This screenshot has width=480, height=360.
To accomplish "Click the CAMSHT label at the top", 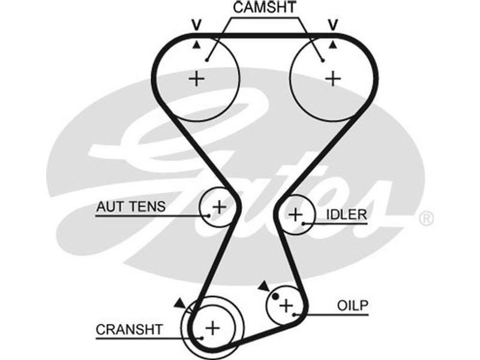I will coord(265,8).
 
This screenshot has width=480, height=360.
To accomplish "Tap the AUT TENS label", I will coord(130,207).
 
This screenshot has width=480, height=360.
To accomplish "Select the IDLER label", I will coord(346,215).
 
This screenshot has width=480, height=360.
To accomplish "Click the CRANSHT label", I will coord(129,329).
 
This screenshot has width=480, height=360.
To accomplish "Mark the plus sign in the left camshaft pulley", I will coord(196,79).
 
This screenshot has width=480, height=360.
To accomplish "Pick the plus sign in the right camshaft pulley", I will coord(332,79).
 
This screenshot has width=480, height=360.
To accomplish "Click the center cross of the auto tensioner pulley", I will coord(219,207).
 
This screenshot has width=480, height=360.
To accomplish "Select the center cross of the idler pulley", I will coord(295,214).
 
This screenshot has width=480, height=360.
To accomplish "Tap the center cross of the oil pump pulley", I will coord(287,305).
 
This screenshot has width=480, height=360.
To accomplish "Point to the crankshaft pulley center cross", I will coord(212,328).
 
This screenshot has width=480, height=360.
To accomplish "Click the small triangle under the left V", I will coord(196,44).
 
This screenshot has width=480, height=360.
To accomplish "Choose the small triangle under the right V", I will coord(332,44).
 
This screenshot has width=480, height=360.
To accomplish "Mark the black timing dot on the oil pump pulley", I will coord(275,295).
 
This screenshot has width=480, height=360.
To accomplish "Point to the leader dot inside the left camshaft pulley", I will coord(206,60).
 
